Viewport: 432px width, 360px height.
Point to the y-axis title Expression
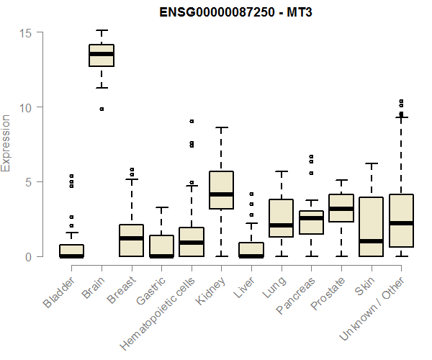click(x=6, y=143)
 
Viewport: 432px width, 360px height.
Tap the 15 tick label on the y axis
click(x=25, y=33)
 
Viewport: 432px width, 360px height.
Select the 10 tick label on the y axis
click(x=25, y=107)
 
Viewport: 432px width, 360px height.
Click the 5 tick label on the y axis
click(x=28, y=182)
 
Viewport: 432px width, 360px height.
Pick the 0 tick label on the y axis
click(x=28, y=257)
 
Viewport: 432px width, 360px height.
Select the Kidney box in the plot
click(x=221, y=190)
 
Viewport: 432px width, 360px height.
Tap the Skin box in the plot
click(x=371, y=227)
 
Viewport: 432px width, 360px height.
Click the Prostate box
click(x=341, y=208)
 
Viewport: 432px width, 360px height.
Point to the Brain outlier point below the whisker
click(x=102, y=109)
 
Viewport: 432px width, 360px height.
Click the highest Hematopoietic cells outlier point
click(x=191, y=122)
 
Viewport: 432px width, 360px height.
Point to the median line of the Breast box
click(x=131, y=238)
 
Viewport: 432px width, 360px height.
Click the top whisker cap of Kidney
click(x=221, y=127)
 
